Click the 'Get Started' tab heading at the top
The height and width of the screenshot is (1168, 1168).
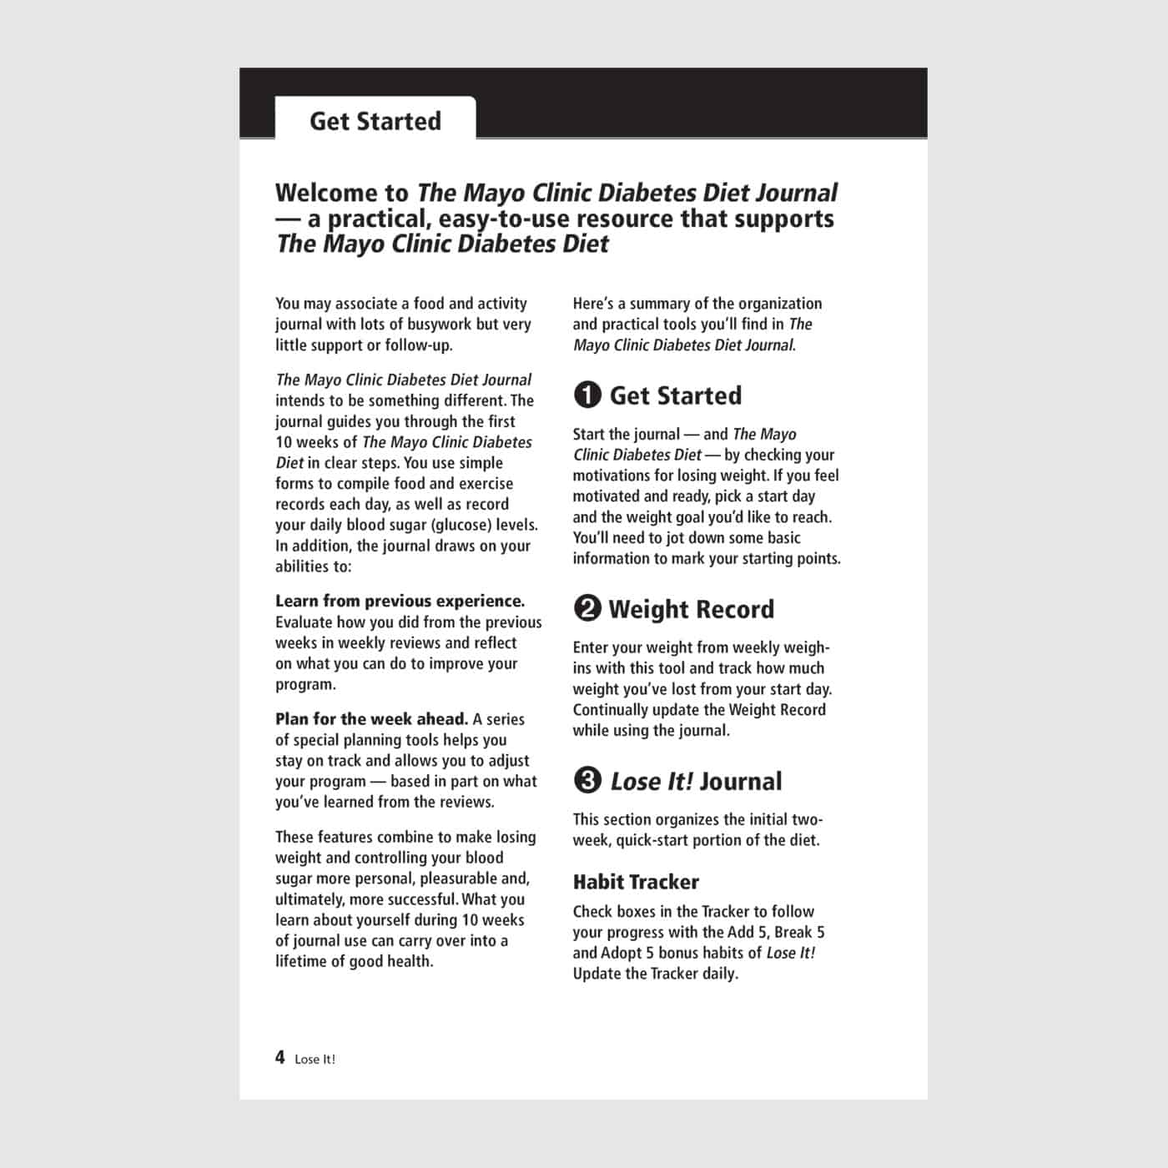click(x=375, y=121)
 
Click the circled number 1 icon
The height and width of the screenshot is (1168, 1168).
click(x=587, y=395)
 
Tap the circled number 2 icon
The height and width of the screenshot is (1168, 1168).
click(x=587, y=609)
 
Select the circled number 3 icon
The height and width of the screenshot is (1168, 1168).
click(x=587, y=781)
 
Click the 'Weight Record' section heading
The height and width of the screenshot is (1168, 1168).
click(x=691, y=609)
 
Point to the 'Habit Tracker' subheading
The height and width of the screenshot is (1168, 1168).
click(x=636, y=882)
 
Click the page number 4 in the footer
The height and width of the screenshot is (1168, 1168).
click(x=280, y=1058)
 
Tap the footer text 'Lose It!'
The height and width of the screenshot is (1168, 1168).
click(x=315, y=1060)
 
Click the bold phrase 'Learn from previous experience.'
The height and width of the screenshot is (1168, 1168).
click(x=400, y=601)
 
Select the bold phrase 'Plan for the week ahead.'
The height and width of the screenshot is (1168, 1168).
click(x=371, y=719)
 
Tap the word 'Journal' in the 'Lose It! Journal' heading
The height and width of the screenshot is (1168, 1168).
click(x=741, y=782)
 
